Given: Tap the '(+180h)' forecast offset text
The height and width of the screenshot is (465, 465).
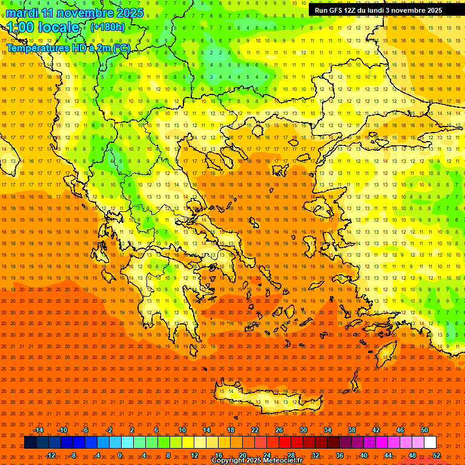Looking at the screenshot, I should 107,27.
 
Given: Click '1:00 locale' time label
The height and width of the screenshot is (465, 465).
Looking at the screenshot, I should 44,27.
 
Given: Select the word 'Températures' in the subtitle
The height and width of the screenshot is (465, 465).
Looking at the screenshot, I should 36,48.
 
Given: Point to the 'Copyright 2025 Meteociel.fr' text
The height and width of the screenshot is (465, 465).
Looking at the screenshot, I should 257,461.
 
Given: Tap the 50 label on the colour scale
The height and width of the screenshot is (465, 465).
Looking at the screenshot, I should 424,430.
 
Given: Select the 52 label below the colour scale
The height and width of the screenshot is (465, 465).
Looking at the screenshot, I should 437,455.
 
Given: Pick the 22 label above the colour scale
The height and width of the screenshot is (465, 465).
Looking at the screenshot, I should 255,430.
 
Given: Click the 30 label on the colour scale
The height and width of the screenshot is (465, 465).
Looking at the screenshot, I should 303,430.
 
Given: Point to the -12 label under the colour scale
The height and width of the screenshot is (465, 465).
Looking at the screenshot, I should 51,455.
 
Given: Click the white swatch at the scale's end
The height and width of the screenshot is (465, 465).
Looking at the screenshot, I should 430,443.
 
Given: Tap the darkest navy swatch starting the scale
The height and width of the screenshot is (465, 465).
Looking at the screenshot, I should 30,443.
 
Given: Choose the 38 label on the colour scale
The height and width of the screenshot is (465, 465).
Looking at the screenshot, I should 352,430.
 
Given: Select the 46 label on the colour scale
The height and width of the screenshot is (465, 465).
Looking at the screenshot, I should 400,430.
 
